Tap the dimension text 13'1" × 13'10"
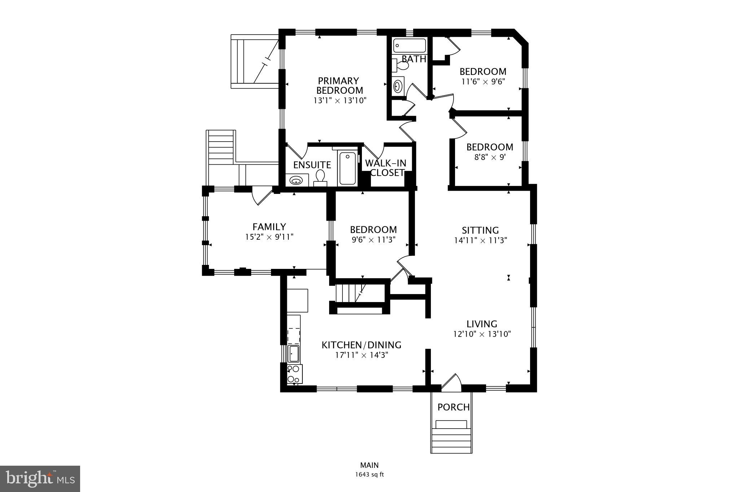tap(340, 101)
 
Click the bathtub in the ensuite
tap(347, 168)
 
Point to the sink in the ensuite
tap(296, 180)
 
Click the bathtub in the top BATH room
tap(410, 46)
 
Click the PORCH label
tap(453, 407)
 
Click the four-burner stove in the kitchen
tap(294, 374)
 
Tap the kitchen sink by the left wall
tap(293, 354)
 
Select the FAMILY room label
tap(269, 227)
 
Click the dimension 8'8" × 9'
tap(490, 157)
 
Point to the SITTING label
tap(480, 230)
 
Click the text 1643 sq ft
tap(369, 475)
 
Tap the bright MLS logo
tap(40, 479)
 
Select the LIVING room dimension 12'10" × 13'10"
tap(482, 334)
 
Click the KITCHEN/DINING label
tap(361, 345)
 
